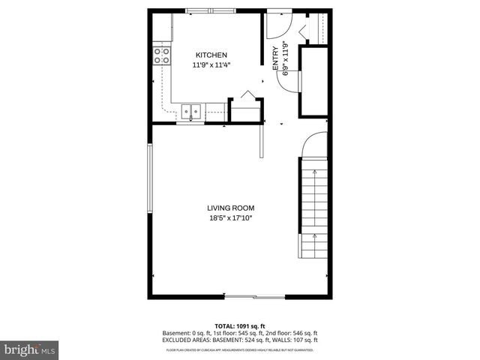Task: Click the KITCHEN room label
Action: click(211, 55)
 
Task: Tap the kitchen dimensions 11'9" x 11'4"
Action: click(211, 65)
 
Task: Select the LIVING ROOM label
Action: click(231, 208)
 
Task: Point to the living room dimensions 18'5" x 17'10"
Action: click(231, 218)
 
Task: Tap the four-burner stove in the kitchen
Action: click(161, 54)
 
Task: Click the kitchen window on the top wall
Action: click(209, 10)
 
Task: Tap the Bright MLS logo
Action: click(30, 349)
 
